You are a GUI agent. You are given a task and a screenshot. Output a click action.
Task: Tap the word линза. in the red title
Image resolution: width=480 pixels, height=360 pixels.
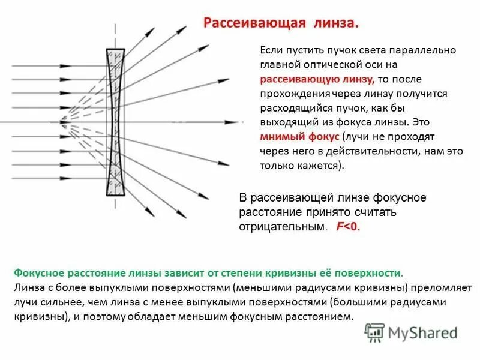335,23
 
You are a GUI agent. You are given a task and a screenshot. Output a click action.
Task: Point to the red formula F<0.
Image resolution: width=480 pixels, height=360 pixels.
347,227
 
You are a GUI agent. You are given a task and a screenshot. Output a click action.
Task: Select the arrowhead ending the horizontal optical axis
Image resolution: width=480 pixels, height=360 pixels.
241,122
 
